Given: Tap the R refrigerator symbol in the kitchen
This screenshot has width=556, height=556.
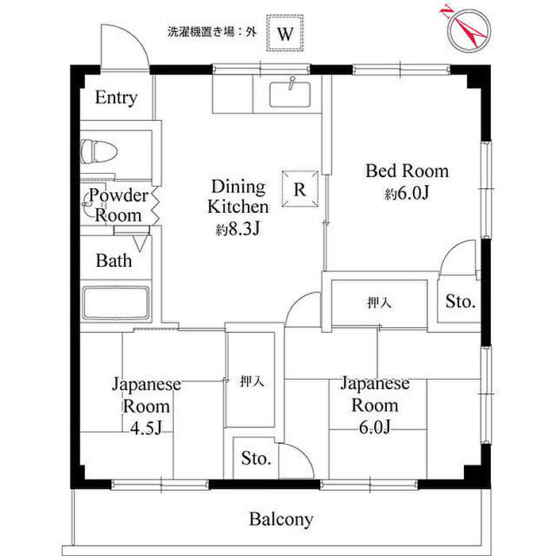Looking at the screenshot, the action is [299, 189].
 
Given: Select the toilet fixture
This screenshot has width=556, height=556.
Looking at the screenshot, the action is [99, 149].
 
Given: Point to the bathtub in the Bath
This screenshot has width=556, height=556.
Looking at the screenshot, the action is [116, 303].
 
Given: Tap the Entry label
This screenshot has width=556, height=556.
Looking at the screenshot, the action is [116, 98].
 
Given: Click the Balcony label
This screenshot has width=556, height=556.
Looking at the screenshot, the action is [281, 520].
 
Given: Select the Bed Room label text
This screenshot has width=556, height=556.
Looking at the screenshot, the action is [407, 171].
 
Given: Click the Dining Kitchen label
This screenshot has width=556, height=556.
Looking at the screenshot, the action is [237, 197].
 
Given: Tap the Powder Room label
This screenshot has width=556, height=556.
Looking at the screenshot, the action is [118, 206].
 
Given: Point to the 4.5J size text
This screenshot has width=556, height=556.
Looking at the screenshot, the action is [146, 430].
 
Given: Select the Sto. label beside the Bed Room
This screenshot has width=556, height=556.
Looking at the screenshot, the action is [460, 302].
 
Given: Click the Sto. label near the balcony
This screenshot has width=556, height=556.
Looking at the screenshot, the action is [257, 458].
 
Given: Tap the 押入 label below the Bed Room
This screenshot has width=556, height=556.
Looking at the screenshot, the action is [379, 303].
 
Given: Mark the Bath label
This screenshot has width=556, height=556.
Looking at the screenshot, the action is [114, 261].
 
